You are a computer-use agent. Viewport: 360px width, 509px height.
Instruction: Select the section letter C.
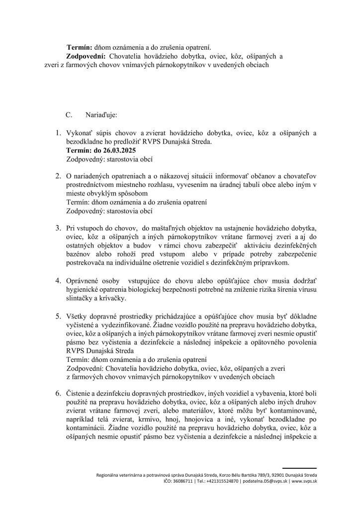click(x=70, y=114)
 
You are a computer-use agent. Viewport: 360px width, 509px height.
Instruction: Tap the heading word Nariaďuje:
click(x=101, y=114)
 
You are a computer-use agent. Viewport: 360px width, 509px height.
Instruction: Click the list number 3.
click(x=58, y=227)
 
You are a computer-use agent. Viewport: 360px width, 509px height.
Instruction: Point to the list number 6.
click(x=58, y=393)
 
